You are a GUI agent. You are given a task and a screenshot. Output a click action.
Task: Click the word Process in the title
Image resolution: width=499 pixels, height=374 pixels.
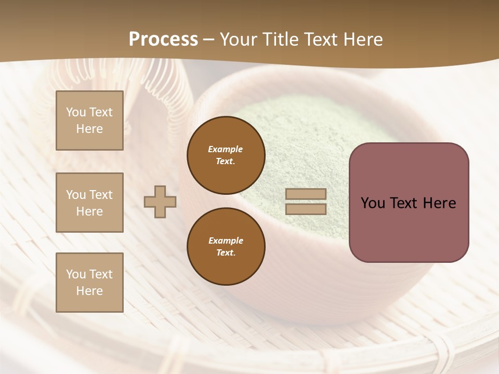[x=163, y=39]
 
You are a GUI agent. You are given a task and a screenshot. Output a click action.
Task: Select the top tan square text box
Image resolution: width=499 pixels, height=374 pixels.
[x=89, y=121]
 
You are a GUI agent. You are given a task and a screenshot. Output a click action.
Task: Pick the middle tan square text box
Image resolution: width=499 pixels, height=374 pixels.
[x=89, y=203]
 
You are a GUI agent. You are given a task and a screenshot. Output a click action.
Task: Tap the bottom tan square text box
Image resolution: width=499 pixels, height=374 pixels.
[x=89, y=283]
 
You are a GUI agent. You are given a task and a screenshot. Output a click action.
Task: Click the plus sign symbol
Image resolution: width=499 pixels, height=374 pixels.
[x=160, y=202]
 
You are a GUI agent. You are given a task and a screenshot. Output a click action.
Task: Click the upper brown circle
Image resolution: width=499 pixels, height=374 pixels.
[x=226, y=155]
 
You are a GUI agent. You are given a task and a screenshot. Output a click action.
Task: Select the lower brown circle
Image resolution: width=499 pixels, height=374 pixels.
[x=226, y=247]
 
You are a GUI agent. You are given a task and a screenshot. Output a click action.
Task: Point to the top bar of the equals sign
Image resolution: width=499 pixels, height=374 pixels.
[x=306, y=194]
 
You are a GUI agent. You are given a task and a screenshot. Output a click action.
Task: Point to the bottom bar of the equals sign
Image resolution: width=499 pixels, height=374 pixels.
[x=306, y=209]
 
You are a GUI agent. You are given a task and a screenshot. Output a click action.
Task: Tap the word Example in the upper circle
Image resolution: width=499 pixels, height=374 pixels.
[x=226, y=149]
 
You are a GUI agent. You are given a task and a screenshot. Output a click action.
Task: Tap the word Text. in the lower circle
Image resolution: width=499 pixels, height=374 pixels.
[x=226, y=253]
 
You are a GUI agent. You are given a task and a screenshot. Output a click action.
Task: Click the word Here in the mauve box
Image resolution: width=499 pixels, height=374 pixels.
[x=440, y=203]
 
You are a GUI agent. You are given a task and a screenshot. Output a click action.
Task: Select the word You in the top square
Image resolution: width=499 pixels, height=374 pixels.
[x=76, y=112]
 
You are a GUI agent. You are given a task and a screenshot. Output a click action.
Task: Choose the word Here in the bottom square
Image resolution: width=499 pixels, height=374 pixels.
[x=89, y=291]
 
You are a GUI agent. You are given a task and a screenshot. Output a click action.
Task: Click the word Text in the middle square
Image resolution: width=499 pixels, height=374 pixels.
[x=101, y=195]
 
